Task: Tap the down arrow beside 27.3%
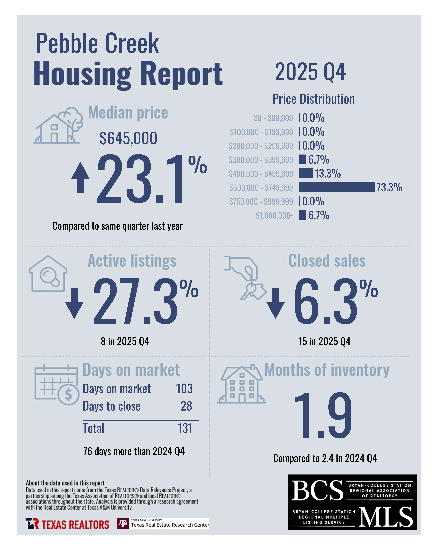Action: [x=74, y=303]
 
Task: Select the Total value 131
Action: [x=185, y=428]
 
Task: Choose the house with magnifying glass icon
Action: [x=48, y=274]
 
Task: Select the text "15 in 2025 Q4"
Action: [x=324, y=341]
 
